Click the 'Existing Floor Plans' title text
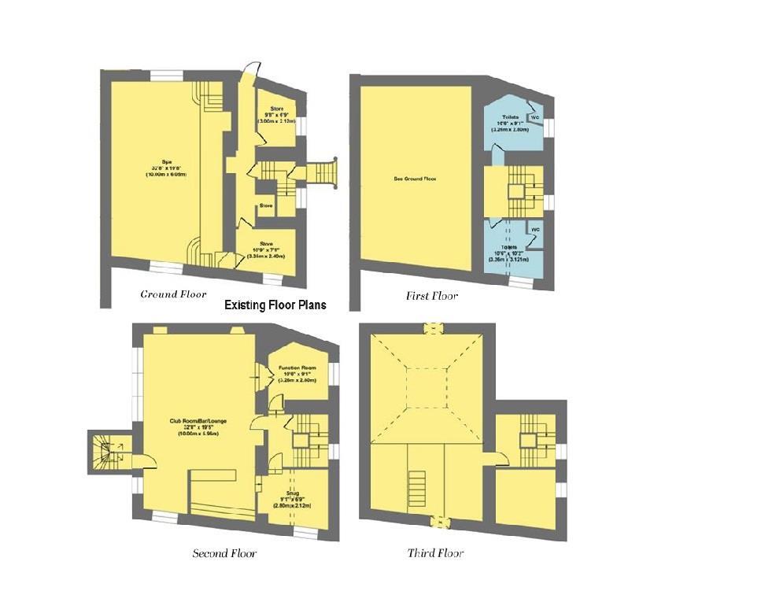point(275,305)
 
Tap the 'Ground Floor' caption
point(173,294)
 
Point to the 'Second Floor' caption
point(224,553)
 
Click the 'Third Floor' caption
point(435,553)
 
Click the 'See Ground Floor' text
point(415,179)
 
